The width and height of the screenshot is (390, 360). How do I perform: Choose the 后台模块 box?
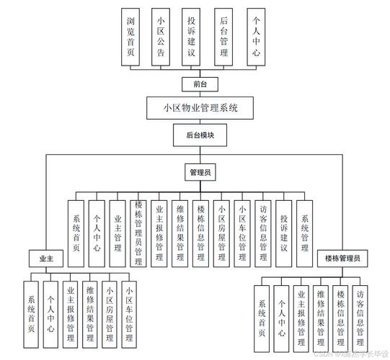tap(194, 134)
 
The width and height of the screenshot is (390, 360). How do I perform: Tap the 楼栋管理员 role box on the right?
tap(342, 257)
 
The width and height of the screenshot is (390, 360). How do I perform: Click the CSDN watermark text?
tap(347, 354)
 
